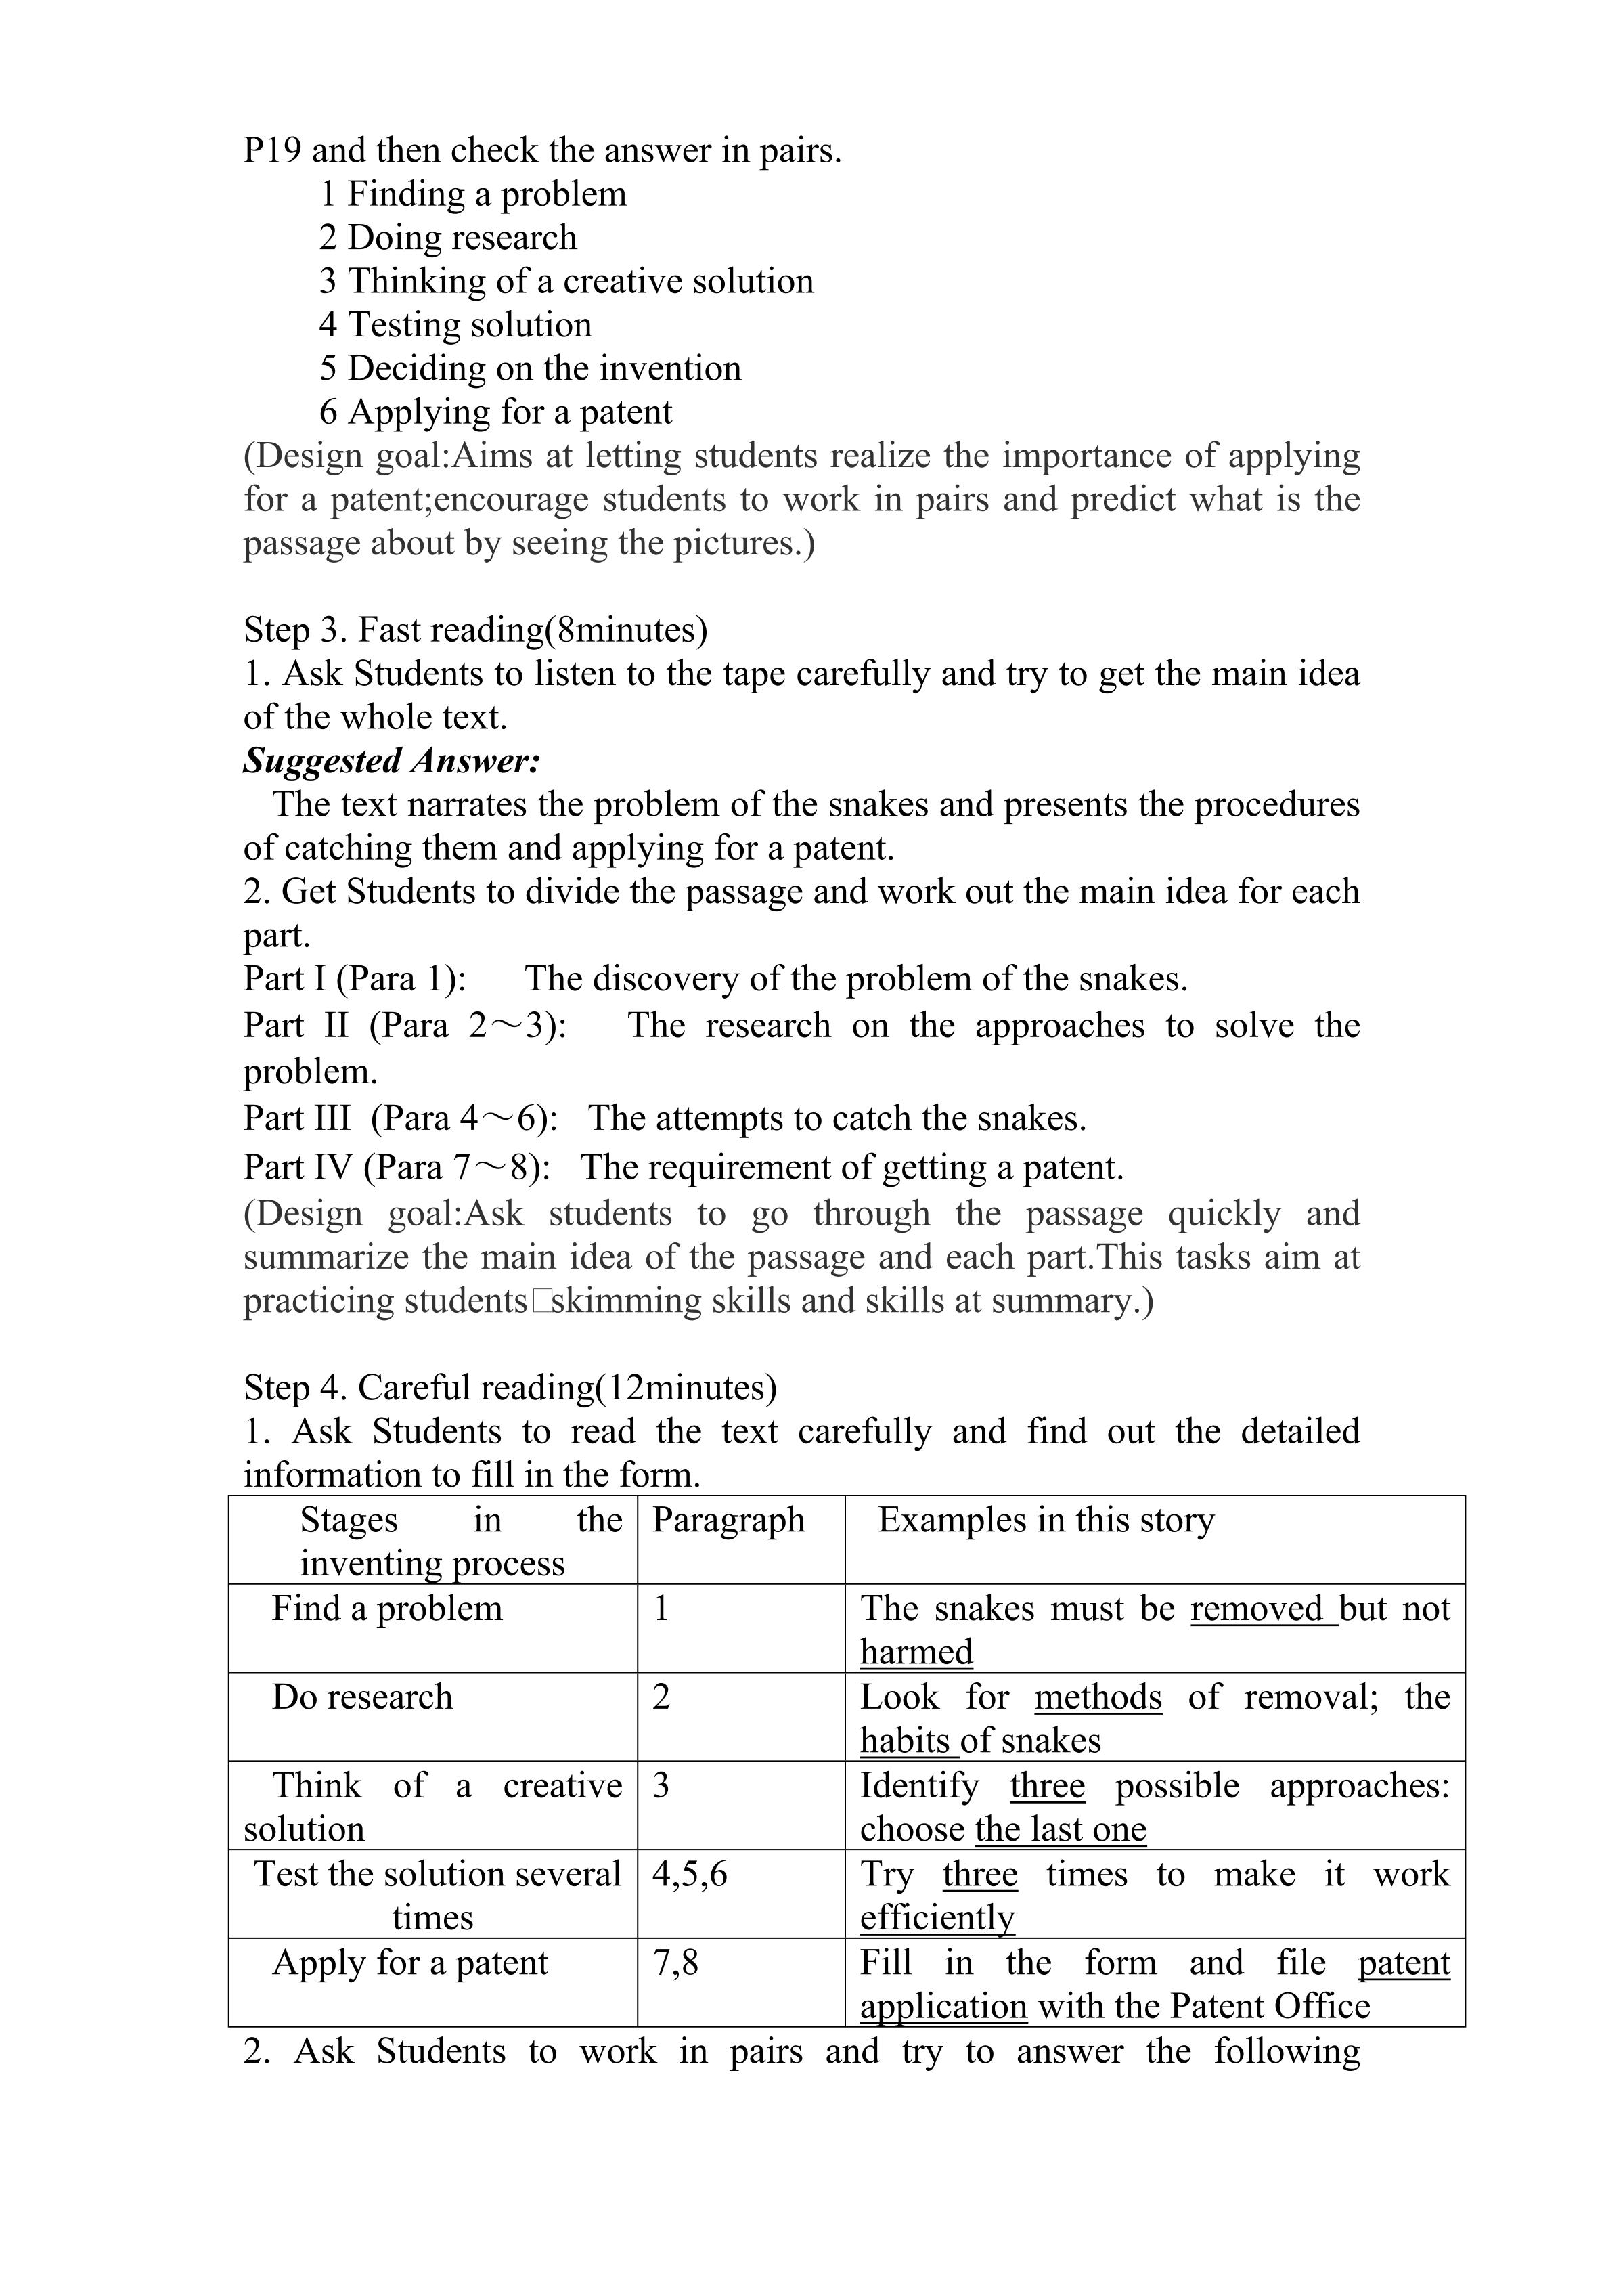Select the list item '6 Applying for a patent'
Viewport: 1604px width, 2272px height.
pos(495,412)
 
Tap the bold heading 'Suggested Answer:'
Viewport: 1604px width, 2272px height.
pos(392,761)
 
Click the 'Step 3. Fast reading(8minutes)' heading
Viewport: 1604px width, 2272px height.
pos(475,630)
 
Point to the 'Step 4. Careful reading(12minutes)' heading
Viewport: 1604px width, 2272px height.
pos(510,1387)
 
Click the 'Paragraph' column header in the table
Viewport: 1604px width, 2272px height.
pos(728,1520)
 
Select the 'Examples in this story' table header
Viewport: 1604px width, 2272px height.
pos(1046,1520)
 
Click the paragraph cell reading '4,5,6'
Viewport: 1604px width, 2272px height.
pos(690,1873)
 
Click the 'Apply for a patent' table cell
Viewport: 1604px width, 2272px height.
pos(409,1962)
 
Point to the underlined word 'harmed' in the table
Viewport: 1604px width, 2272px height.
pos(916,1652)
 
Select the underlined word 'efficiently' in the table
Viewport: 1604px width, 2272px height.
pos(937,1918)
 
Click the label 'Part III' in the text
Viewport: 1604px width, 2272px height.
pos(297,1118)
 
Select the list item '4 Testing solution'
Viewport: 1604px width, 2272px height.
pos(455,324)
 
